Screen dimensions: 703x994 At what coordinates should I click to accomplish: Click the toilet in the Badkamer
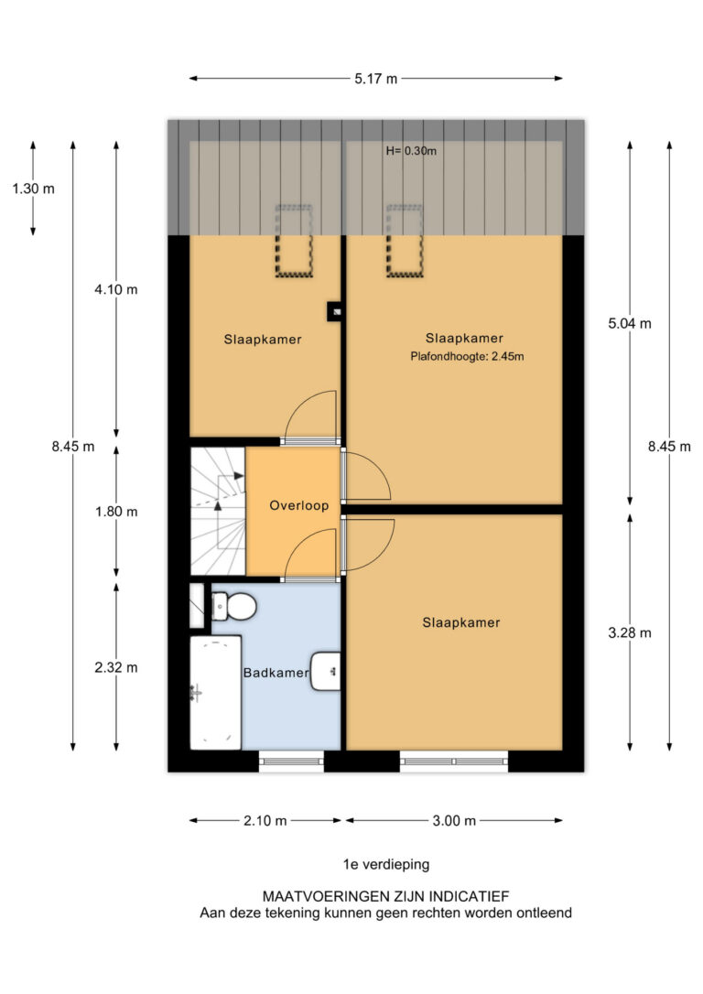click(233, 607)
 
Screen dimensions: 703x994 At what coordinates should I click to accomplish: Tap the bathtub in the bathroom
click(215, 693)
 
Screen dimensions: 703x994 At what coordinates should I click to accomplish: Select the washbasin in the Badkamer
click(326, 671)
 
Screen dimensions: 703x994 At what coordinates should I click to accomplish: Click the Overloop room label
click(299, 506)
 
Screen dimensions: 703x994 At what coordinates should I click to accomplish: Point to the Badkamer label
click(276, 673)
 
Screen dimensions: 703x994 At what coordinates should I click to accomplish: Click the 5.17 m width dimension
click(376, 79)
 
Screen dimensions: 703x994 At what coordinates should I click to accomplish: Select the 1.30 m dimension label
click(34, 189)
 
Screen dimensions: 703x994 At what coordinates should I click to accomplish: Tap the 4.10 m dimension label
click(116, 290)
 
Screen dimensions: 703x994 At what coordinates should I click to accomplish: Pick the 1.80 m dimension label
click(116, 512)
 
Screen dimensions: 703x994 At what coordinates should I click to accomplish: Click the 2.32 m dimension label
click(116, 667)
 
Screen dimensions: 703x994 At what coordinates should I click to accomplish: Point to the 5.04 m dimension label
click(630, 324)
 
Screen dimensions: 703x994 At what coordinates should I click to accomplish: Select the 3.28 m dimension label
click(630, 632)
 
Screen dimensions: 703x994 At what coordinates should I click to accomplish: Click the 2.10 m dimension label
click(265, 821)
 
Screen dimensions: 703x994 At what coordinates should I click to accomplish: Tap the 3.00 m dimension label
click(454, 821)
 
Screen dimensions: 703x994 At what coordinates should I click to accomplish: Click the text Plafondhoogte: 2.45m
click(467, 356)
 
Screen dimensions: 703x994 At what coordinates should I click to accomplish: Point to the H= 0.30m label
click(411, 151)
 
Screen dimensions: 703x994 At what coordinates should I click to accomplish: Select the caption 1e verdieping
click(386, 864)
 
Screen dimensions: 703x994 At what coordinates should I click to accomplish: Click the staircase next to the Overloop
click(218, 511)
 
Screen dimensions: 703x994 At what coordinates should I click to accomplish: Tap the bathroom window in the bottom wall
click(292, 761)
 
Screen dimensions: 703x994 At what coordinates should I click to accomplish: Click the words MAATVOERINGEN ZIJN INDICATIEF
click(386, 896)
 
